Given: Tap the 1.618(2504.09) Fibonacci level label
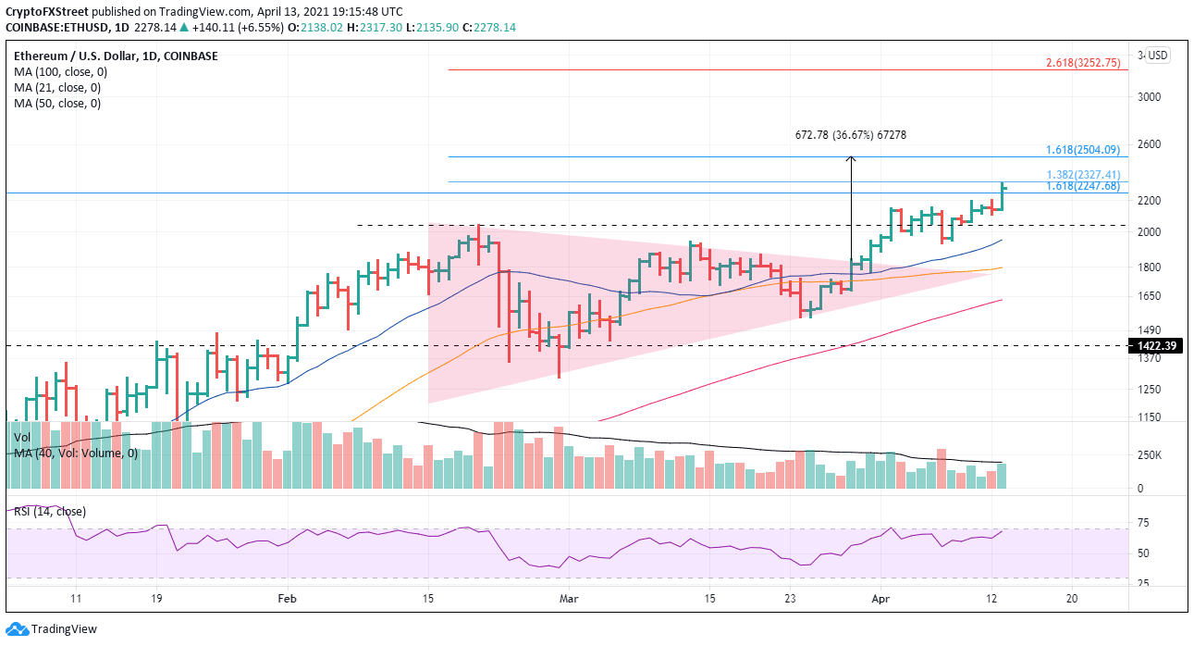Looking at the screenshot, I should pos(1082,150).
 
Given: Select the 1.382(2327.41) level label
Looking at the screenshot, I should pos(1083,174).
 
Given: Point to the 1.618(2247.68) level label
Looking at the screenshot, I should pos(1083,186).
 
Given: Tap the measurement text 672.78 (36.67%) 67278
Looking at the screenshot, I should pos(850,135).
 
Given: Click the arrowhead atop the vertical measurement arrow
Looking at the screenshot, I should pos(851,159).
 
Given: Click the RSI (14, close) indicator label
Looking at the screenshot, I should pos(50,511).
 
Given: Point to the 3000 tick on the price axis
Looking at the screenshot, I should pos(1150,96).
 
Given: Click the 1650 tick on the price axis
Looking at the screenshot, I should pos(1150,296).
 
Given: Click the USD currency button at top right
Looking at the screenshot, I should pos(1158,56).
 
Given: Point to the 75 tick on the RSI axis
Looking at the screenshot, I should pos(1143,524).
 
